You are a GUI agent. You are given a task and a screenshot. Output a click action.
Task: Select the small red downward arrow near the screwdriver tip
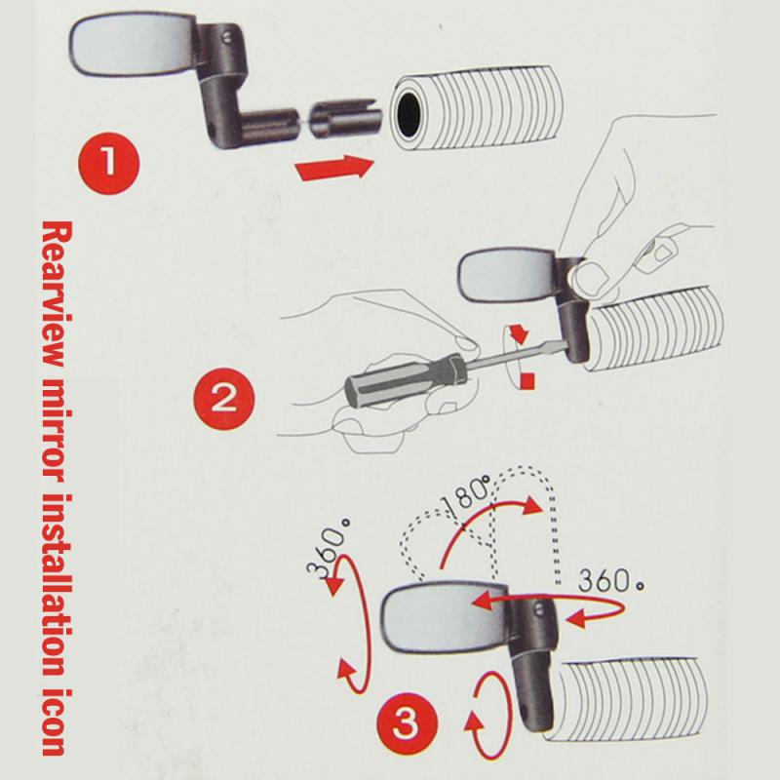coord(521,334)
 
